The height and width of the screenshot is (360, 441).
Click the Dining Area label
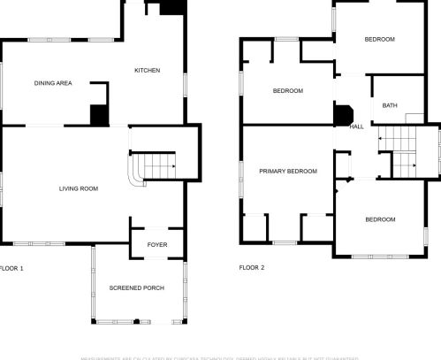(53, 83)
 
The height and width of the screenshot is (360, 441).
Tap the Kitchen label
(147, 71)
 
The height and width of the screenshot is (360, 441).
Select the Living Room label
(78, 188)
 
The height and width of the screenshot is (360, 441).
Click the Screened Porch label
(136, 289)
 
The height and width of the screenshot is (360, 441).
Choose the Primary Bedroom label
(287, 171)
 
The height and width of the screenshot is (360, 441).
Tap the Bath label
(390, 106)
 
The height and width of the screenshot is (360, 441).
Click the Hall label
(357, 126)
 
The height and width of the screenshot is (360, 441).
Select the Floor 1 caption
(11, 267)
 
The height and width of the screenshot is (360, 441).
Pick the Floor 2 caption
(252, 267)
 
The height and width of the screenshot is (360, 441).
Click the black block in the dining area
(99, 115)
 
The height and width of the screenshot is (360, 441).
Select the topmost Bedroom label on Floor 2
(379, 39)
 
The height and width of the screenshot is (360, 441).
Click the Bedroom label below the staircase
(380, 219)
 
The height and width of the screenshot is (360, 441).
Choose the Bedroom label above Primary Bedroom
(287, 91)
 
